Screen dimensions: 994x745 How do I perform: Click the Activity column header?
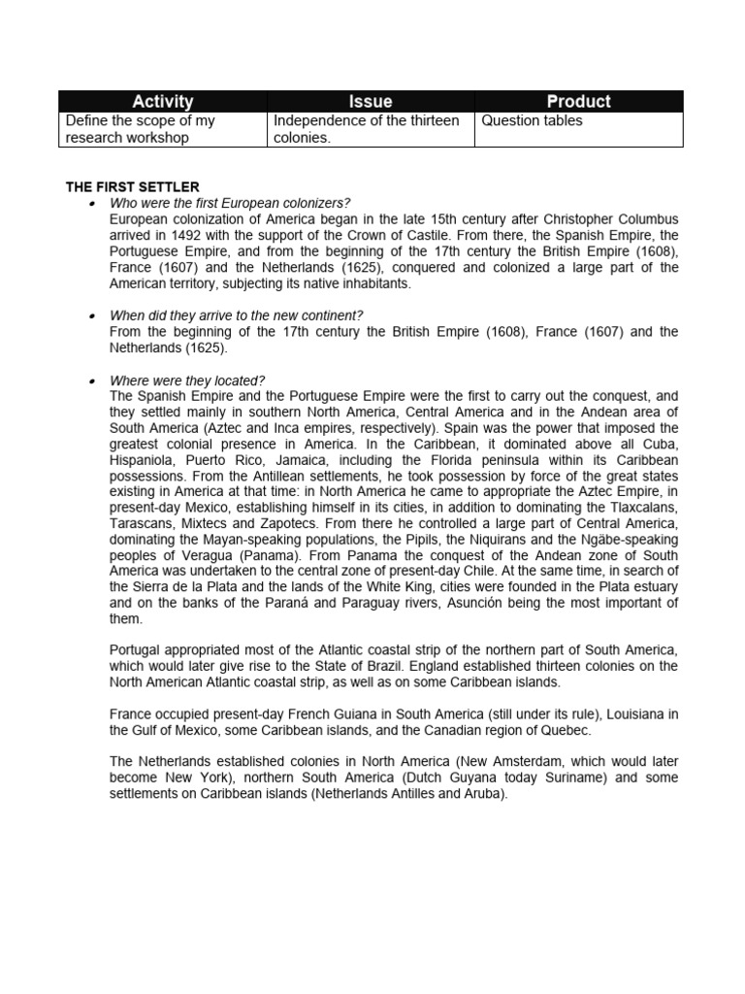[162, 101]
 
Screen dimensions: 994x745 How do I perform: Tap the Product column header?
[578, 101]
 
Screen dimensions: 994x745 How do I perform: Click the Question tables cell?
[529, 121]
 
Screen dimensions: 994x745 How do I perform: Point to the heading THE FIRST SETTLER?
[132, 186]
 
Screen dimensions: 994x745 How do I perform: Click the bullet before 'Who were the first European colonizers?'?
[90, 203]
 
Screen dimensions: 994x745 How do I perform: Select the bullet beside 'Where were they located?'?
[90, 381]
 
